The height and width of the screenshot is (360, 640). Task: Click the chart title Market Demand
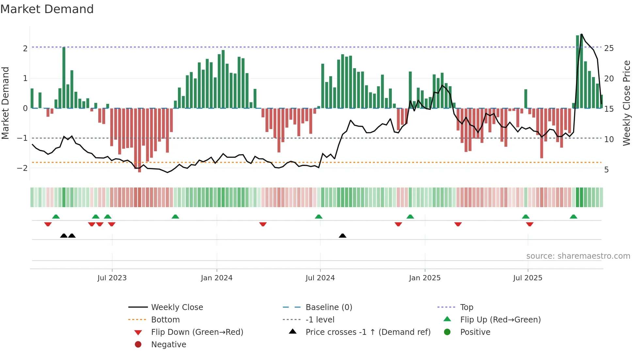tap(47, 9)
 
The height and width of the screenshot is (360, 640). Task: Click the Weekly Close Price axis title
tap(626, 103)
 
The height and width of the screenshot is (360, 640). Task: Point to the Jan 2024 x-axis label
tap(216, 278)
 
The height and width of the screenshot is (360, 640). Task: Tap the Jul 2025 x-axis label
tap(527, 278)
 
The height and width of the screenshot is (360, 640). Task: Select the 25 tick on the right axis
tap(609, 48)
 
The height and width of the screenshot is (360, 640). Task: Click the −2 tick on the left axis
tap(23, 168)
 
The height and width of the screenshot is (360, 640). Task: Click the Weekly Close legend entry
tap(177, 307)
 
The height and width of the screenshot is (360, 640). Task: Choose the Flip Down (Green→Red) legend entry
tap(197, 332)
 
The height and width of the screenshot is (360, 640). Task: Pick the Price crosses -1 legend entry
tap(368, 332)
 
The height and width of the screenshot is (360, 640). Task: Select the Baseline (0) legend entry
tap(328, 307)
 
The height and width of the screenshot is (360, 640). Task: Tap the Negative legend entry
tap(168, 345)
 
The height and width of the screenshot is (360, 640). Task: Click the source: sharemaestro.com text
tap(578, 256)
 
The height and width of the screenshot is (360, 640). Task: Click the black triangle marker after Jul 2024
tap(343, 236)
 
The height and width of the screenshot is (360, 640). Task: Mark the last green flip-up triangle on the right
tap(573, 217)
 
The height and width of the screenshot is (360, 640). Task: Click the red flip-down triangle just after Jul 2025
tap(530, 224)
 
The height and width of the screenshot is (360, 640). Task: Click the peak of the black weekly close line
tap(582, 34)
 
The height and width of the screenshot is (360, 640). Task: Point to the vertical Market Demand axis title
tap(6, 103)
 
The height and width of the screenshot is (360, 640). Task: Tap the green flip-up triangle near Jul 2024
tap(319, 217)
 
